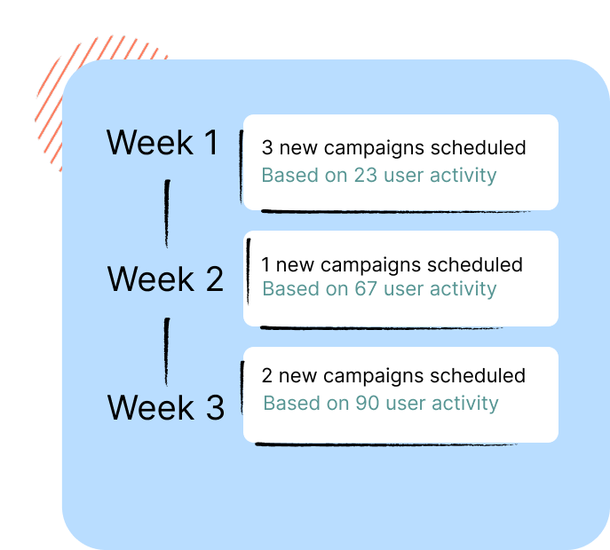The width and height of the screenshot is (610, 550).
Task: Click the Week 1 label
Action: pyautogui.click(x=162, y=143)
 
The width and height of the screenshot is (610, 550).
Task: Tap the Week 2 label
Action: pyautogui.click(x=165, y=279)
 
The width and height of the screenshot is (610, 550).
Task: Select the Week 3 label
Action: pyautogui.click(x=166, y=407)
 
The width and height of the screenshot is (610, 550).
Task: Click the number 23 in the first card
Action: pyautogui.click(x=365, y=176)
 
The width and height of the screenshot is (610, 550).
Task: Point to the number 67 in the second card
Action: pyautogui.click(x=366, y=289)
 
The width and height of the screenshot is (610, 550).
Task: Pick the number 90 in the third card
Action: pyautogui.click(x=368, y=403)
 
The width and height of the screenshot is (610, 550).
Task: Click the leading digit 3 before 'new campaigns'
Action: pyautogui.click(x=267, y=148)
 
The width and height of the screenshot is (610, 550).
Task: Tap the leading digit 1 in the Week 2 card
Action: pyautogui.click(x=265, y=264)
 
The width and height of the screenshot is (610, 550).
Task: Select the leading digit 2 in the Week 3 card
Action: pyautogui.click(x=267, y=375)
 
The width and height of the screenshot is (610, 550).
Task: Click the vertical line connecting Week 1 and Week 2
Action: pyautogui.click(x=167, y=214)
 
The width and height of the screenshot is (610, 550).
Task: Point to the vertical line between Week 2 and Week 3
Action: pyautogui.click(x=167, y=351)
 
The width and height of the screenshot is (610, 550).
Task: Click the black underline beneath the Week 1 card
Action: pyautogui.click(x=395, y=212)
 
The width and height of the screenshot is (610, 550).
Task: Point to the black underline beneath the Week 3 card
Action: pyautogui.click(x=386, y=444)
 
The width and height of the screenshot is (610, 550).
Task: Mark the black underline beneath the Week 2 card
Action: pyautogui.click(x=381, y=328)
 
